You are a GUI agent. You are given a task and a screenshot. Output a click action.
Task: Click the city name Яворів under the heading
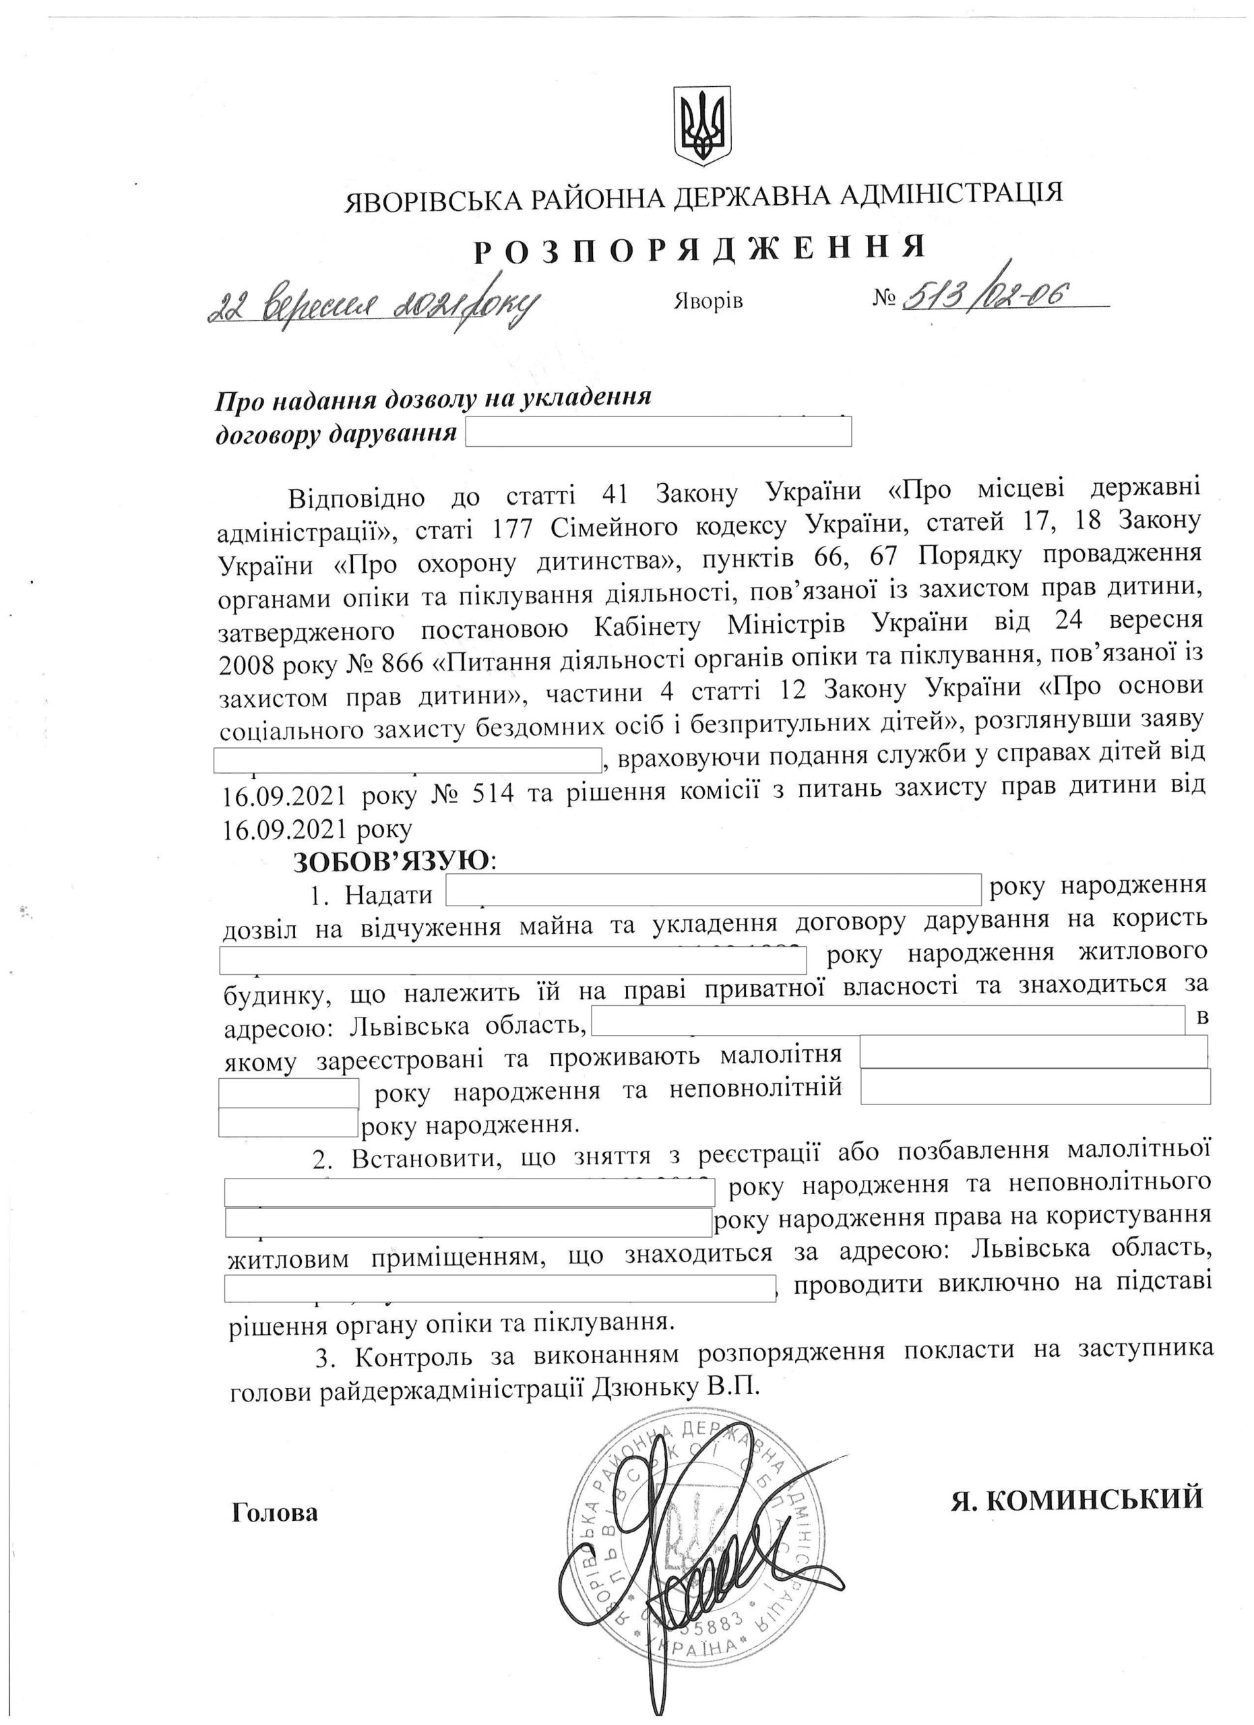[708, 301]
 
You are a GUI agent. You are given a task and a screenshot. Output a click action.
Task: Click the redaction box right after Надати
[714, 891]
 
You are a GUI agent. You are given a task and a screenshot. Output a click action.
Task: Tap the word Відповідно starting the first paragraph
[362, 495]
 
